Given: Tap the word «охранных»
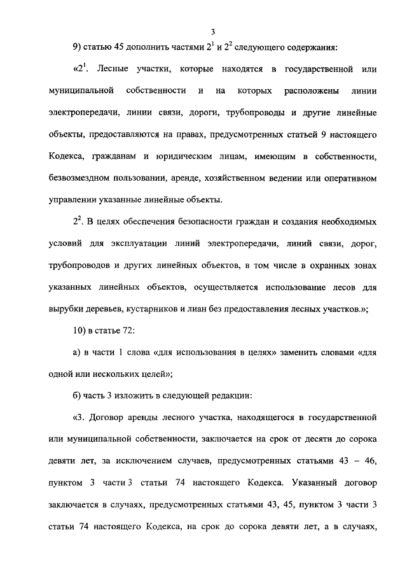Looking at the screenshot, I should (x=331, y=266).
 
